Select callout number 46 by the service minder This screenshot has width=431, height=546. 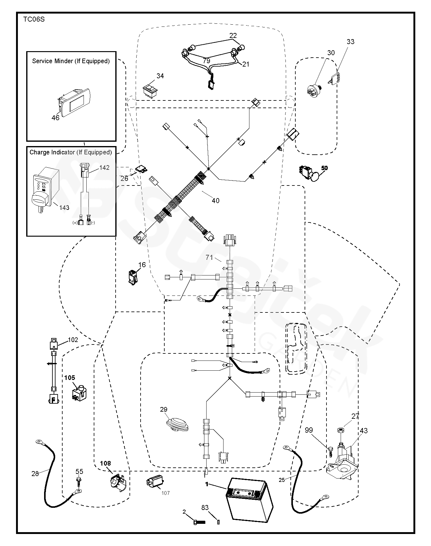(55, 118)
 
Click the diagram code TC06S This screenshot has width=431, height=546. (34, 19)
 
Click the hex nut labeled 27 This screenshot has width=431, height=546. (340, 430)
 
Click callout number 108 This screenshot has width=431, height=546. (105, 463)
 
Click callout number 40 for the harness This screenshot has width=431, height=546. (215, 201)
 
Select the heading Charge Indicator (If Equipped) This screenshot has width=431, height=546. (71, 152)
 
